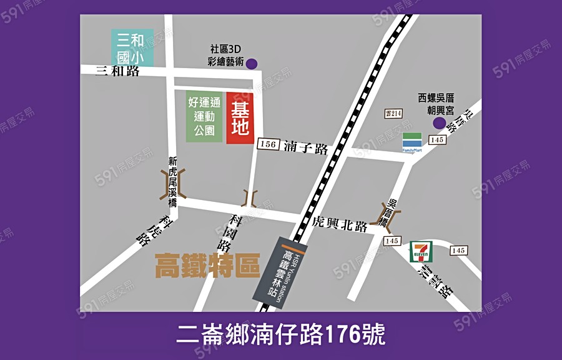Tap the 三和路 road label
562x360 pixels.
click(x=117, y=71)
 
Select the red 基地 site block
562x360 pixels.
click(x=240, y=119)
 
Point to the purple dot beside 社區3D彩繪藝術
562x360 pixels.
click(x=251, y=63)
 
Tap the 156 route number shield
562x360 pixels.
click(x=267, y=144)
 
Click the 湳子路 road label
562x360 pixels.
click(x=305, y=148)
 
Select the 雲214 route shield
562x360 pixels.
click(x=393, y=113)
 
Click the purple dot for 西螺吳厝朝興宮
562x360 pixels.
click(x=439, y=123)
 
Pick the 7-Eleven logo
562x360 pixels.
click(x=420, y=252)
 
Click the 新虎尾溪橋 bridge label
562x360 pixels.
click(x=173, y=182)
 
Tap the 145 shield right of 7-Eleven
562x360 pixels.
click(x=458, y=251)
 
